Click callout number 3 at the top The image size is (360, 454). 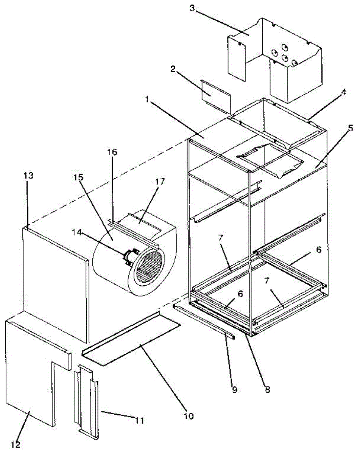(192, 8)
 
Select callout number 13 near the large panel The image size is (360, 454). (29, 176)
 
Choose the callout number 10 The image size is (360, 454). (189, 416)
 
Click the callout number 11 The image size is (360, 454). (140, 420)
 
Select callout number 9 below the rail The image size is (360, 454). (235, 389)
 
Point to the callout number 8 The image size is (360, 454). (268, 389)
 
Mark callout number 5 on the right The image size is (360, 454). (351, 128)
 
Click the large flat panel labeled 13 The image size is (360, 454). (55, 280)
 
